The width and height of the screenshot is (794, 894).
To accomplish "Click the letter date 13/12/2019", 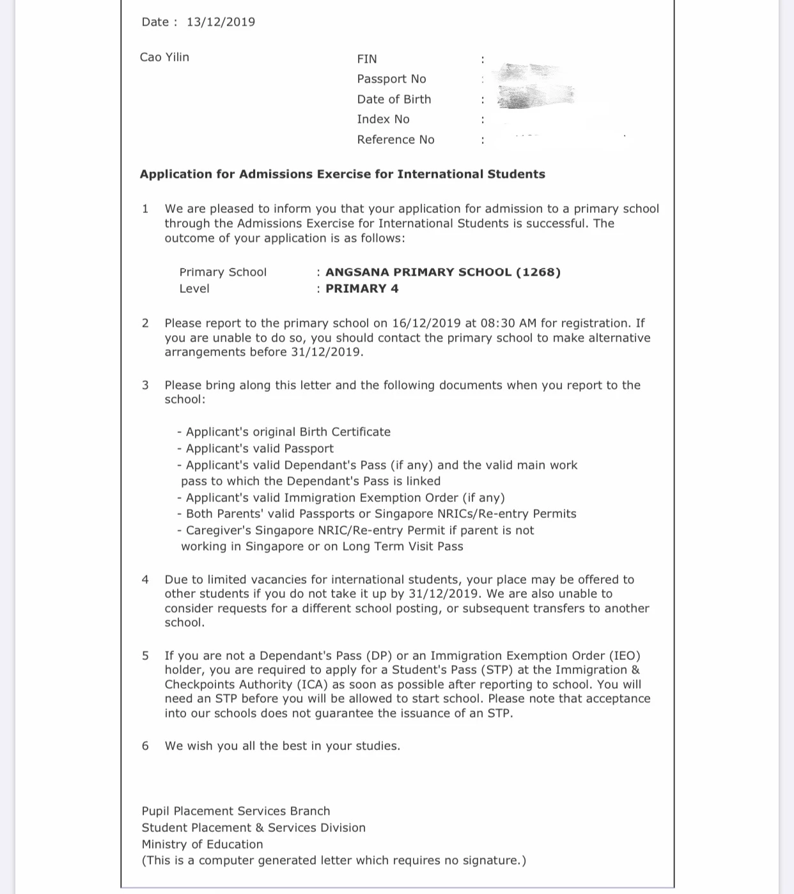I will click(x=221, y=22).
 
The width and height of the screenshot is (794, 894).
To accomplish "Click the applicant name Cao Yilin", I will click(x=164, y=57).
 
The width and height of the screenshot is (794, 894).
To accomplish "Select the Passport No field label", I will click(x=391, y=79).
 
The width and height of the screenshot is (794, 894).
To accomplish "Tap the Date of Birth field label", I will click(x=394, y=99).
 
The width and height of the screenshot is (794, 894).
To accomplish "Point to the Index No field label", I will click(x=383, y=119).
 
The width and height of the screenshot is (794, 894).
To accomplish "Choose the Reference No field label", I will click(x=395, y=139).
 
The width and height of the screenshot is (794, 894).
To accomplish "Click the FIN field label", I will click(x=367, y=59).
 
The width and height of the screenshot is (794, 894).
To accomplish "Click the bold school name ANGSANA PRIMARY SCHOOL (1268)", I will click(x=443, y=272).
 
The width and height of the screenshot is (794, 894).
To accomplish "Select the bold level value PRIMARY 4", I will click(x=362, y=288).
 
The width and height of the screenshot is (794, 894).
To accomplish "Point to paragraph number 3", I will click(x=145, y=385).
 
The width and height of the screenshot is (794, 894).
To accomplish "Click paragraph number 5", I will click(x=145, y=655).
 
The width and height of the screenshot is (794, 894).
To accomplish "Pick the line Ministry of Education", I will click(x=202, y=844).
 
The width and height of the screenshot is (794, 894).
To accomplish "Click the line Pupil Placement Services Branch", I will click(x=236, y=811).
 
